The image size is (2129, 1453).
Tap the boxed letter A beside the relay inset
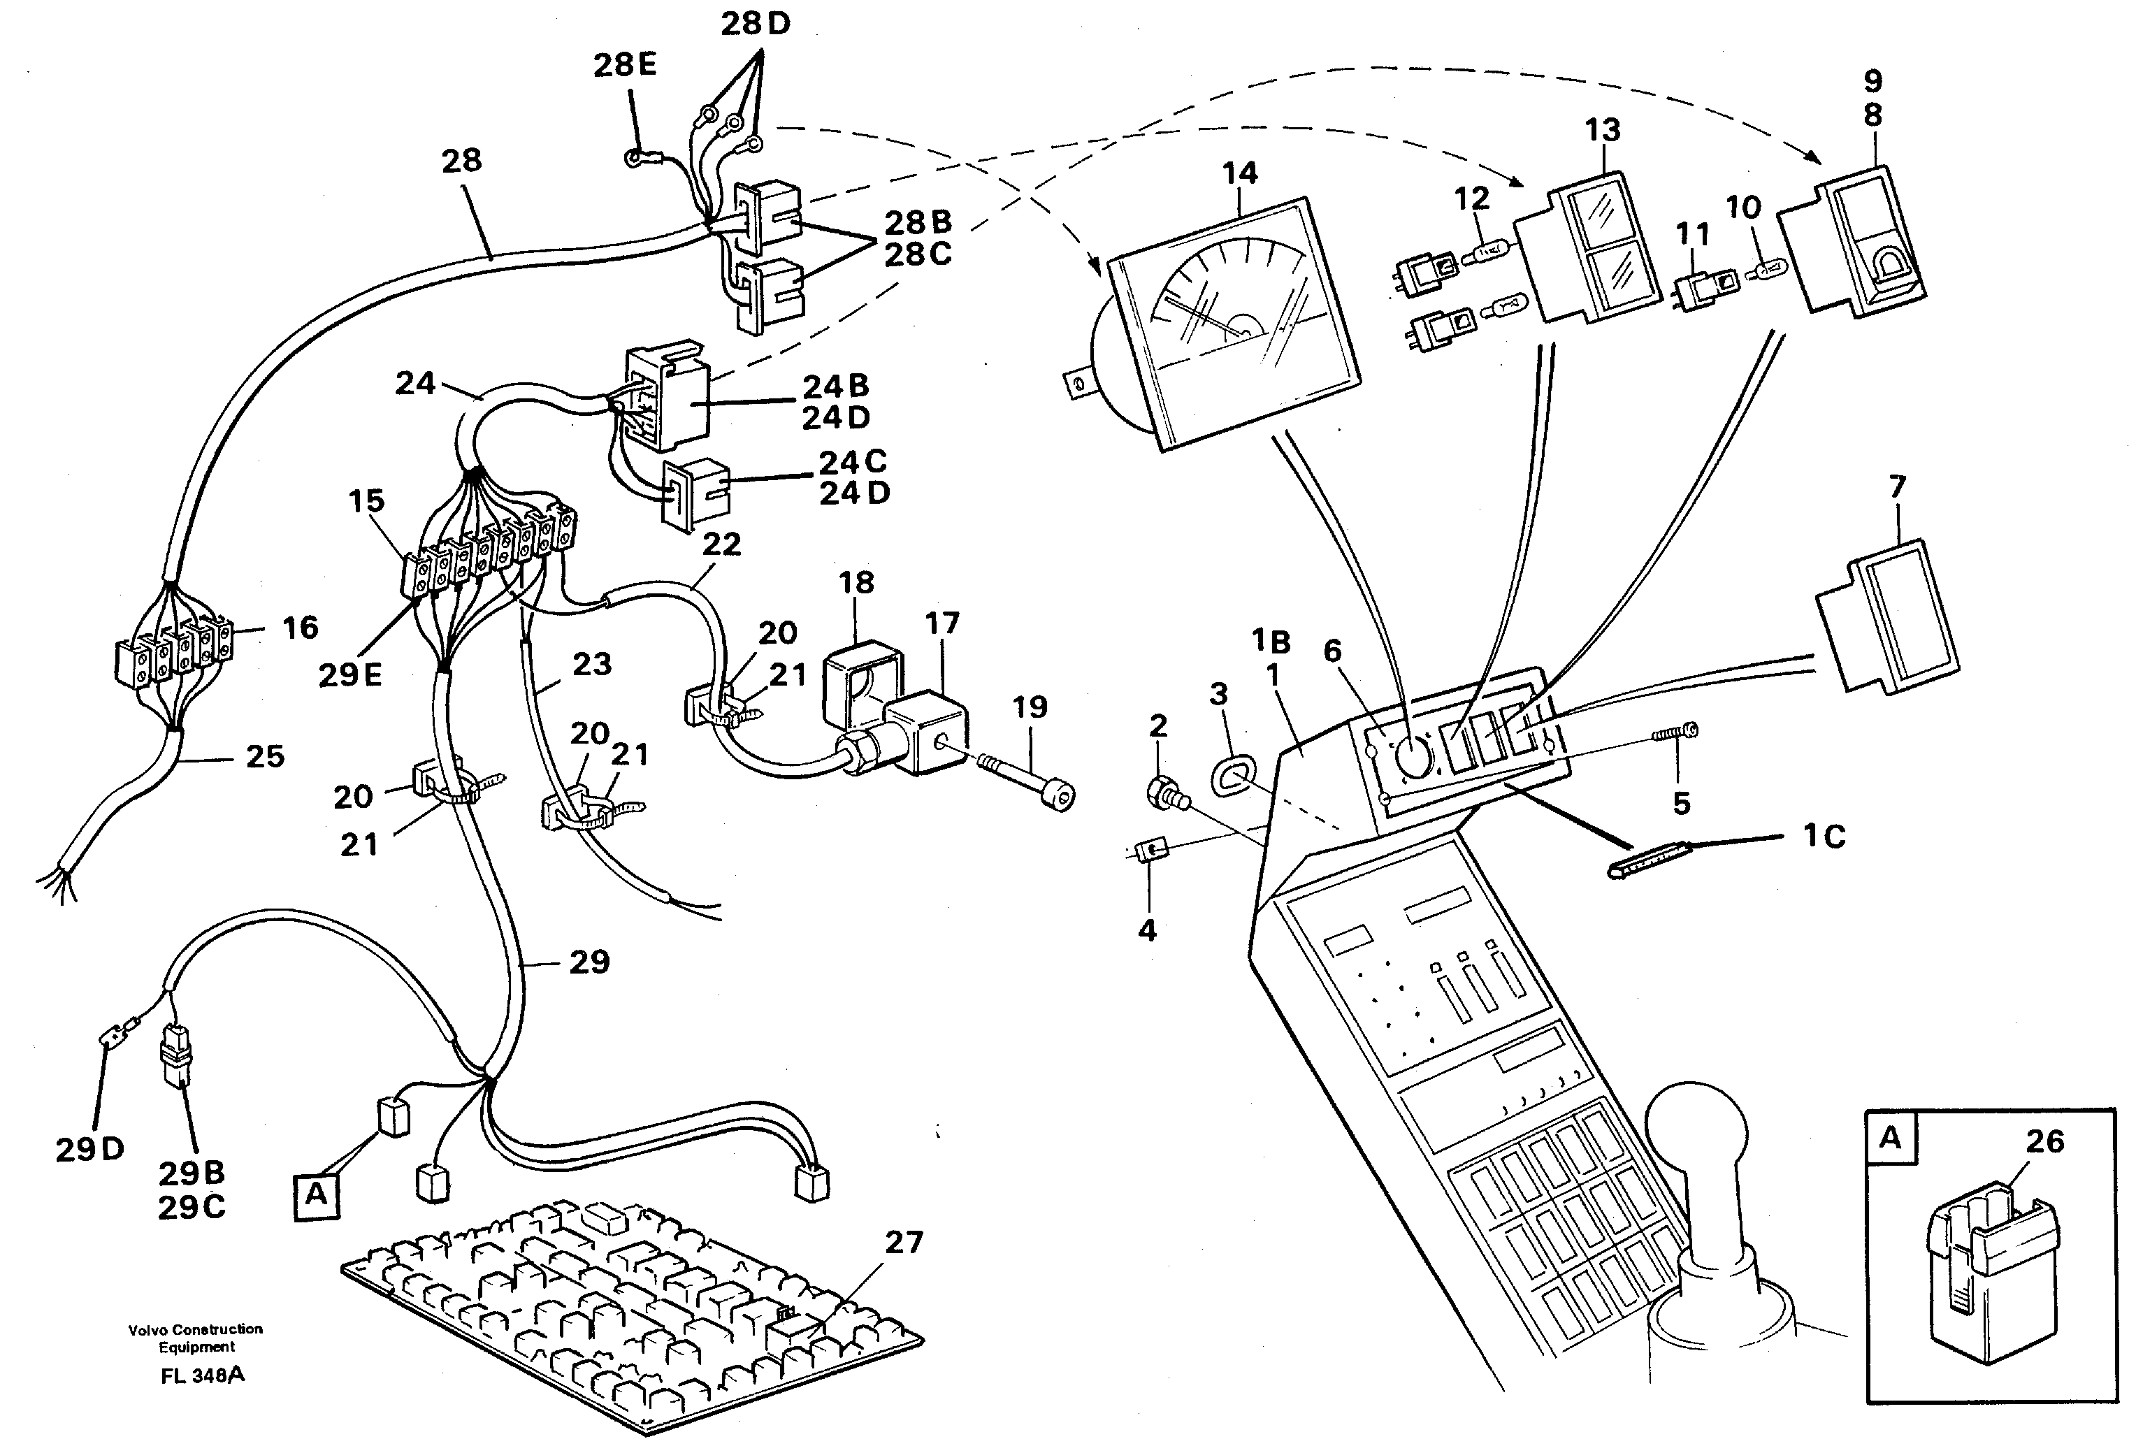coord(1890,1138)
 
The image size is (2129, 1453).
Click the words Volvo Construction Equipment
coord(196,1338)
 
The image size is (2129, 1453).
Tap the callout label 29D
coord(89,1150)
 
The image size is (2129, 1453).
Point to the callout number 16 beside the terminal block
coord(301,628)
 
